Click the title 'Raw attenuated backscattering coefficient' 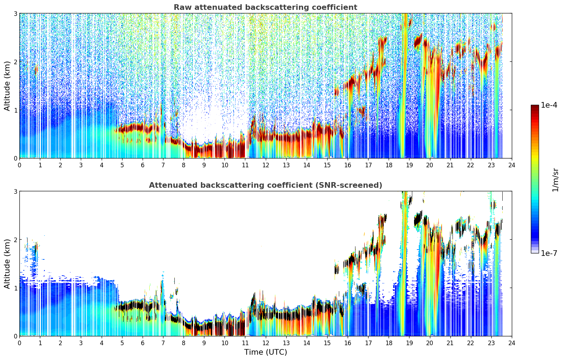pyautogui.click(x=265, y=7)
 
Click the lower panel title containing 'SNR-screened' pyautogui.click(x=265, y=185)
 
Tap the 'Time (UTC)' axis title pyautogui.click(x=265, y=352)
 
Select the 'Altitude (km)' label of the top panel pyautogui.click(x=7, y=86)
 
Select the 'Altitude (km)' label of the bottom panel pyautogui.click(x=7, y=264)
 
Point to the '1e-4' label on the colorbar pyautogui.click(x=549, y=105)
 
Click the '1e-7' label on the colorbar pyautogui.click(x=549, y=253)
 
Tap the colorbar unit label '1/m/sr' pyautogui.click(x=556, y=180)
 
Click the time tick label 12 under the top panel pyautogui.click(x=266, y=165)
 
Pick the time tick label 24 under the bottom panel pyautogui.click(x=512, y=343)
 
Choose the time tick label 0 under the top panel pyautogui.click(x=20, y=165)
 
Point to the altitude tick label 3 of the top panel pyautogui.click(x=15, y=13)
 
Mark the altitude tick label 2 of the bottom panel pyautogui.click(x=15, y=240)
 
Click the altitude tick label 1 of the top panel pyautogui.click(x=15, y=110)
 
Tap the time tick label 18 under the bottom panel pyautogui.click(x=389, y=343)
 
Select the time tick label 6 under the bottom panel pyautogui.click(x=143, y=343)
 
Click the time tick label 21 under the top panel pyautogui.click(x=450, y=165)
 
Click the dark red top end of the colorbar pyautogui.click(x=535, y=107)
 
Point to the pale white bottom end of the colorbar pyautogui.click(x=535, y=251)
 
